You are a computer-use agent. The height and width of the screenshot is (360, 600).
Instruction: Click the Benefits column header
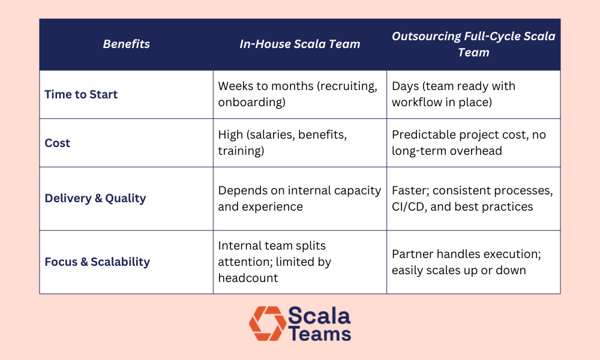(126, 44)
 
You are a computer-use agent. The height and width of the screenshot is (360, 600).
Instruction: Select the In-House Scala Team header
(299, 44)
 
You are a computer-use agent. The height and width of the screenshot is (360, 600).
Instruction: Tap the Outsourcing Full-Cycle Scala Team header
(473, 44)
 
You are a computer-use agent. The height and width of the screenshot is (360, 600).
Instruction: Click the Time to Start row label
(81, 94)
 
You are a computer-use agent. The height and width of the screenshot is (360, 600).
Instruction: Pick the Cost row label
(58, 143)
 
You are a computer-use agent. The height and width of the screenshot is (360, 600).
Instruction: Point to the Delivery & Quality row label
(95, 198)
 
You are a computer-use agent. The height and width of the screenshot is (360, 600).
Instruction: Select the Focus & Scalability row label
(97, 262)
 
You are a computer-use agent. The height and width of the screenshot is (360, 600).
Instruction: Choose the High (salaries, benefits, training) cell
(282, 142)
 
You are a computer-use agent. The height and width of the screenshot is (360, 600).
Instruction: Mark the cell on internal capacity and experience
(299, 198)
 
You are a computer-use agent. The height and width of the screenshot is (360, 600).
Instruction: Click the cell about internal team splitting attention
(274, 262)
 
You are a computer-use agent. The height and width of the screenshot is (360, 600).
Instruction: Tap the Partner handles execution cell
(466, 262)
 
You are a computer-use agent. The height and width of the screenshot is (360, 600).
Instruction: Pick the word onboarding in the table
(250, 102)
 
